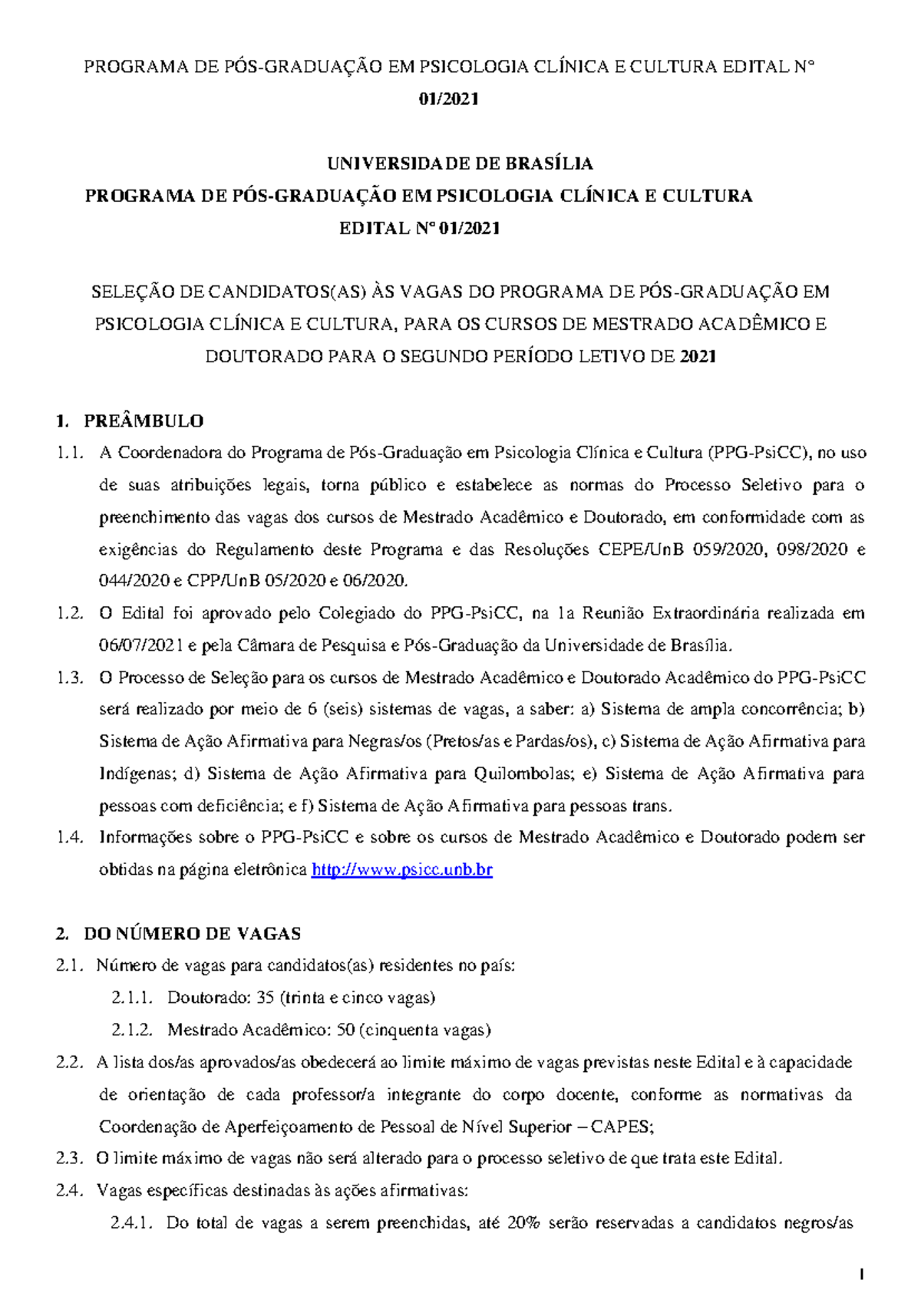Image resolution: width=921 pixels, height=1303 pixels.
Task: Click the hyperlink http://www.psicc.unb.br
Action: (401, 869)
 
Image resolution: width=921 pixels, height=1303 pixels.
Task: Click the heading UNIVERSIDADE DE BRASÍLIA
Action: (460, 163)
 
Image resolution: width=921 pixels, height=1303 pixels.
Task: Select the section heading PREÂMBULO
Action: (144, 421)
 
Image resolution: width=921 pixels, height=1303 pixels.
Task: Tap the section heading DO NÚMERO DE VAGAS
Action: (192, 933)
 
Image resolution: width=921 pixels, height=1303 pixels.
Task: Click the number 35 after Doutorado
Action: (265, 998)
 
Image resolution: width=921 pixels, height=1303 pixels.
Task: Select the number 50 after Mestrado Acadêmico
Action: (345, 1030)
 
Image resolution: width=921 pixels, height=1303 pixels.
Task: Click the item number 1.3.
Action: (69, 678)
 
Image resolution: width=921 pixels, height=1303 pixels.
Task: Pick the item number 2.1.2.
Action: (132, 1030)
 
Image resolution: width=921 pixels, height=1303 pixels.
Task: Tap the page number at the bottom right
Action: (863, 1275)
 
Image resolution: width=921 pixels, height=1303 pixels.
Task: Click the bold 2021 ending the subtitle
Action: (698, 356)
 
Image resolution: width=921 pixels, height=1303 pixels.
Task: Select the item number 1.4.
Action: (69, 837)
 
